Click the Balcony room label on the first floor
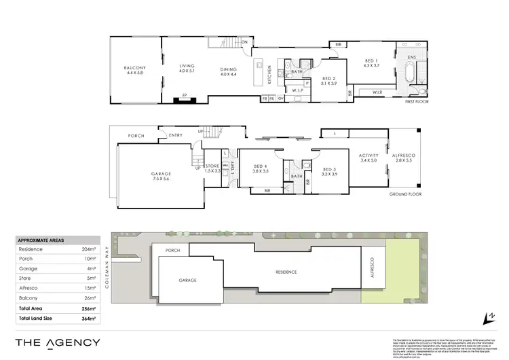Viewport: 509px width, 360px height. pos(134,71)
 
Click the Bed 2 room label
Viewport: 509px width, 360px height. pos(328,80)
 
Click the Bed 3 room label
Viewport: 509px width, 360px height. pos(329,171)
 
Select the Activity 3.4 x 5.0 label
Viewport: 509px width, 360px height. pos(368,158)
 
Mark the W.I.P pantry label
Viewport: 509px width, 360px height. pos(297,90)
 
